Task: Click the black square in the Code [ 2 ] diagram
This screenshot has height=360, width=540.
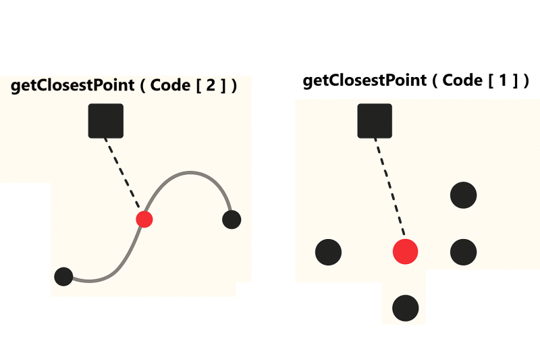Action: pos(106,121)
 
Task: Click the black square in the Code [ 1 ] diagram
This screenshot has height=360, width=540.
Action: pos(375,121)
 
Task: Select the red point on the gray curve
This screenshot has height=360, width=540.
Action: pos(144,219)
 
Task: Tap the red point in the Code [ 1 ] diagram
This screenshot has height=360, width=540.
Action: pos(406,251)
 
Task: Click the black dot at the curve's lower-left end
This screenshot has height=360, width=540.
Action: pos(63,276)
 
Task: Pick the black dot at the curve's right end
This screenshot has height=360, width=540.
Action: pos(232,220)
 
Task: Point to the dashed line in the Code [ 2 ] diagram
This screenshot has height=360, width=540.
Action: pos(124,172)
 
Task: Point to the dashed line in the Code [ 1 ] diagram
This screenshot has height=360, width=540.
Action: pos(391,188)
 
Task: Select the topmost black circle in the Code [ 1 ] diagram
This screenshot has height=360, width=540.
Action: pos(464,195)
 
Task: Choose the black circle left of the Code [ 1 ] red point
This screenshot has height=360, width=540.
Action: pos(329,252)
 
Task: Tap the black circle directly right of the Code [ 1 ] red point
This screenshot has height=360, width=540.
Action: pos(464,252)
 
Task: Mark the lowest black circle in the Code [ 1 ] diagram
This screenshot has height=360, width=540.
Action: pos(406,308)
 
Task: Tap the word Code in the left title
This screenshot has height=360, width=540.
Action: pos(169,86)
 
